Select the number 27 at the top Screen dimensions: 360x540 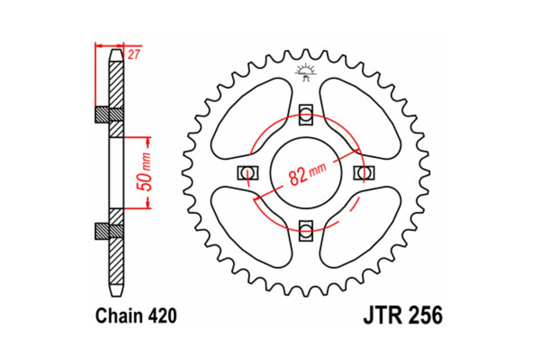(133, 55)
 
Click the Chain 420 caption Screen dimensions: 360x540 (135, 316)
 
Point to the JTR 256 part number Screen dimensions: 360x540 (403, 316)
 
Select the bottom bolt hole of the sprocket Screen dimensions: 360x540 (306, 230)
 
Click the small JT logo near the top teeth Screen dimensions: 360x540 (306, 72)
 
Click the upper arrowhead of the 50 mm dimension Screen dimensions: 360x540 (147, 141)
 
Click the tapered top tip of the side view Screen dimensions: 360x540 (116, 54)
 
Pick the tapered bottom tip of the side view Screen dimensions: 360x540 (116, 291)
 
